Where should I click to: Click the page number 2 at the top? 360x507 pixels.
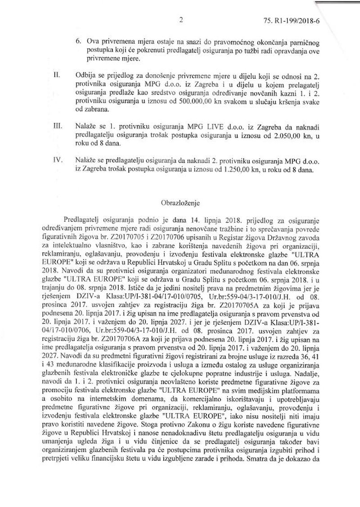[x=180, y=19]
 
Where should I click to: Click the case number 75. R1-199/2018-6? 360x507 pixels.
[x=313, y=21]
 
